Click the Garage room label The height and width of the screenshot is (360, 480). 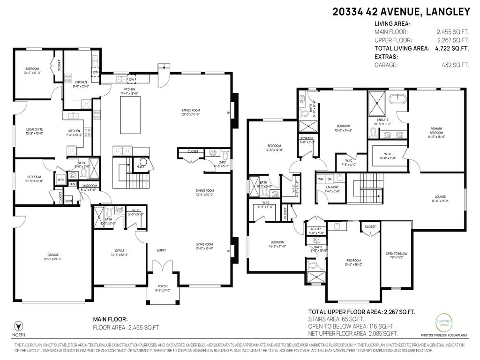[52, 256]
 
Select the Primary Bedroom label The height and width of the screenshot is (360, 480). [436, 130]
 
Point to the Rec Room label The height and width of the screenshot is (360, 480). [353, 261]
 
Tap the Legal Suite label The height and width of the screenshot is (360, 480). [34, 131]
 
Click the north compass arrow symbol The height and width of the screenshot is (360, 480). [18, 325]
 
